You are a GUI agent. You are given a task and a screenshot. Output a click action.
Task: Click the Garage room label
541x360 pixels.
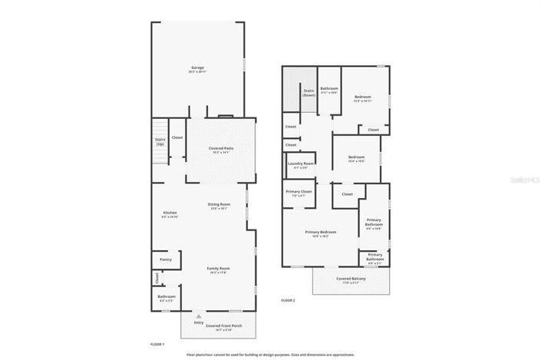[x=197, y=68]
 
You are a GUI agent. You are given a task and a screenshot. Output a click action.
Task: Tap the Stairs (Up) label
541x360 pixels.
[x=160, y=141]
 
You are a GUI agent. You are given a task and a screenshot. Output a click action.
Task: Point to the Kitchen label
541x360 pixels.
[x=170, y=213]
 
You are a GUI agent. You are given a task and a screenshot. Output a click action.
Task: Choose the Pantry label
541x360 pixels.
[x=166, y=259]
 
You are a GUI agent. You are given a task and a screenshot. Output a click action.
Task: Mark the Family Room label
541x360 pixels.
[x=218, y=268]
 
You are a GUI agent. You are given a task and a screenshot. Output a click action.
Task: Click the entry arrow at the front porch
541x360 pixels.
[x=200, y=315]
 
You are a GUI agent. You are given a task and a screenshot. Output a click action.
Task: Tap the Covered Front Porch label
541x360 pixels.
[x=224, y=325]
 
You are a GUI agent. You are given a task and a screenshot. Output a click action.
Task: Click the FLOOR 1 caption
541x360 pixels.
[x=158, y=344]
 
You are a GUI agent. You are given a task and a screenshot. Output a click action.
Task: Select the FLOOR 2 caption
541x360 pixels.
[x=288, y=300]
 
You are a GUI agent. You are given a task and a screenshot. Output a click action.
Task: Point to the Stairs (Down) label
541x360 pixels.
[x=308, y=92]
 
